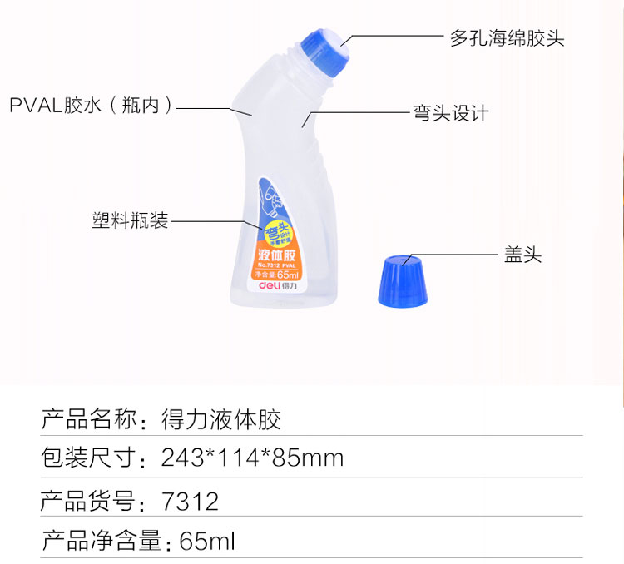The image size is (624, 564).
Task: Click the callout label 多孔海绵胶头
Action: click(x=507, y=38)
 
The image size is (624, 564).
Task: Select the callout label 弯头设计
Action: click(x=450, y=113)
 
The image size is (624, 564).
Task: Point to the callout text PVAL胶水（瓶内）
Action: click(x=92, y=106)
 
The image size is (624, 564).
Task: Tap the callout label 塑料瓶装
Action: click(x=130, y=220)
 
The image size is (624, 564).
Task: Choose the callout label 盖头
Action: click(x=522, y=255)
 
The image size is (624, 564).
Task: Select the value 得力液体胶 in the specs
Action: click(x=220, y=419)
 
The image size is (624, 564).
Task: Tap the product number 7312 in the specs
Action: click(x=191, y=501)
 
